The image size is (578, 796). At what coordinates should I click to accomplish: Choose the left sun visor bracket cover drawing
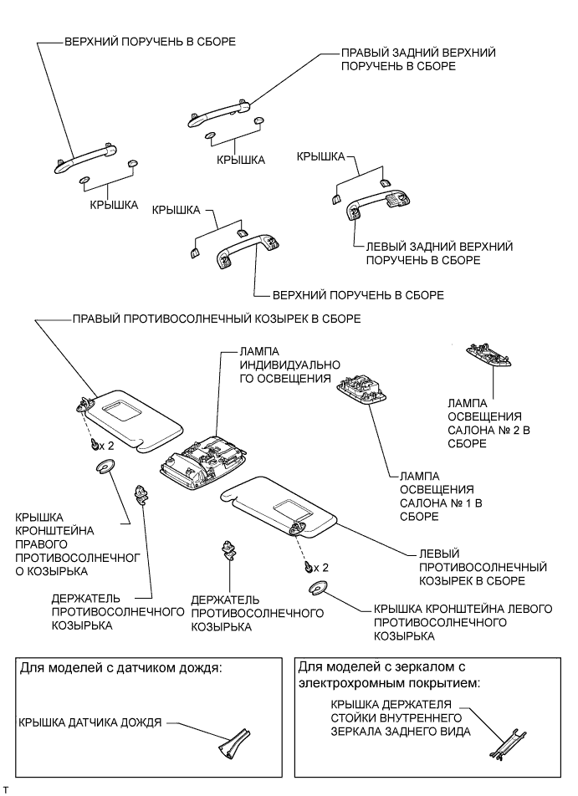[320, 588]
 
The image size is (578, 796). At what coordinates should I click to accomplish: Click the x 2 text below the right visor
[106, 445]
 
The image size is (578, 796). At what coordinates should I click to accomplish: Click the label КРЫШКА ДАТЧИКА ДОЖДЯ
[89, 721]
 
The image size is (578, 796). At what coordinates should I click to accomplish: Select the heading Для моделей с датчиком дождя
[122, 669]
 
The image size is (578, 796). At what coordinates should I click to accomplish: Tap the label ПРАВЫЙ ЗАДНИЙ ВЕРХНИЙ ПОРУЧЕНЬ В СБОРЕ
[417, 59]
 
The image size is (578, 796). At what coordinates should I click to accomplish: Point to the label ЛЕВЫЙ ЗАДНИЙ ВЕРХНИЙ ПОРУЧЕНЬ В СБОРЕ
[438, 253]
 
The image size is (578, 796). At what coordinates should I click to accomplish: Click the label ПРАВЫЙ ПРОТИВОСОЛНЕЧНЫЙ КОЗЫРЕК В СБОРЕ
[217, 319]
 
